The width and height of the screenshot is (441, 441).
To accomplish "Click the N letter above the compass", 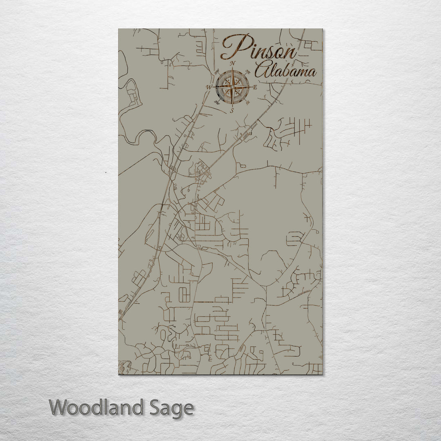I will coord(233,63).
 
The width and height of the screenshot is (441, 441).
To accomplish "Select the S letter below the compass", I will coord(232,111).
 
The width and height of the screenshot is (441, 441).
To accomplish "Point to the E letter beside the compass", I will coord(255,87).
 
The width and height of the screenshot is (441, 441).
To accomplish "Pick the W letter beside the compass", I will coord(209,87).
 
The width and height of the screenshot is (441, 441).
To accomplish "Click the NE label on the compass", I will coord(248,72).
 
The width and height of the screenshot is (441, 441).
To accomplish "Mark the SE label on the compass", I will coord(248,102).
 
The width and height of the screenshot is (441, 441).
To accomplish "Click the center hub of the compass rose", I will coord(232,87).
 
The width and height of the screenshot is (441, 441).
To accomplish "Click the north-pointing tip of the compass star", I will coord(232,68).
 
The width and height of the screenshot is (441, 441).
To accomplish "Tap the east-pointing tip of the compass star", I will coord(252,87).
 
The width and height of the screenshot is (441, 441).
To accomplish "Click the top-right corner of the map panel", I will coord(322,29).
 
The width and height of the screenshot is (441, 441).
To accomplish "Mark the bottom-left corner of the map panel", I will coord(119,374).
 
